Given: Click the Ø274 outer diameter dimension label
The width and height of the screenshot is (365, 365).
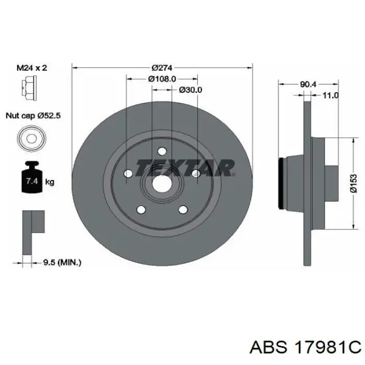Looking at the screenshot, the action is click(x=162, y=68).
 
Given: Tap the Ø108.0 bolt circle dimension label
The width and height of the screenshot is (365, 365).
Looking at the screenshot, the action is click(x=162, y=79).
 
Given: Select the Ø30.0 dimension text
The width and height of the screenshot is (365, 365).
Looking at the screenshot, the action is click(x=191, y=90).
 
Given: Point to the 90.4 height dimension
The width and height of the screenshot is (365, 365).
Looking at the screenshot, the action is click(x=308, y=84).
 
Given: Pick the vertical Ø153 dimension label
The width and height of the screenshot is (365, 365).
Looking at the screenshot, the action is click(x=354, y=184).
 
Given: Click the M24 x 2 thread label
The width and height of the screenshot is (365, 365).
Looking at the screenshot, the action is click(x=32, y=68).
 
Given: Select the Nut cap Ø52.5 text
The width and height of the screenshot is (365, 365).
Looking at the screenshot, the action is click(x=33, y=115).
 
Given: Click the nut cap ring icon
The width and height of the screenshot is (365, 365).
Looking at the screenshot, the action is click(x=32, y=139).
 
